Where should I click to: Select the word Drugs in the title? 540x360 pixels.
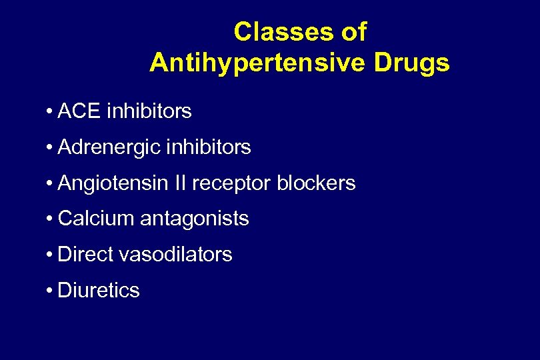point(412,63)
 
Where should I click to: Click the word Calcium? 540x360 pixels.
point(97,219)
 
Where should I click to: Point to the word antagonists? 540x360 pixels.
point(195,219)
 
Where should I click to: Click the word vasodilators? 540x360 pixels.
point(175,254)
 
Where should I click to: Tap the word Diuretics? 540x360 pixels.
point(99,290)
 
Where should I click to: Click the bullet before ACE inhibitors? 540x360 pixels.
point(50,111)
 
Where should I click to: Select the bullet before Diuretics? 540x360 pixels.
point(50,291)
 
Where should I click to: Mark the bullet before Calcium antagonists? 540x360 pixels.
point(50,219)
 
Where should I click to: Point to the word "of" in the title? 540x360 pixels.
point(353,31)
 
